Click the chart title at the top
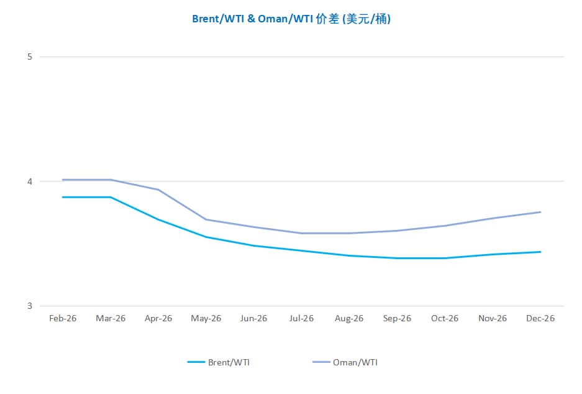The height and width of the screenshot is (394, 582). (x=291, y=19)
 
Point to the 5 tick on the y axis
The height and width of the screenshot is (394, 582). (x=29, y=57)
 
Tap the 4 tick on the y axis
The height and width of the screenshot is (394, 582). (x=29, y=181)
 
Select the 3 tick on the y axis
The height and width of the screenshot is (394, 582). (x=29, y=306)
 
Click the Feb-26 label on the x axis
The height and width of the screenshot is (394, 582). (x=63, y=318)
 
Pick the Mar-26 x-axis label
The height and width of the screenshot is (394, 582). (x=111, y=318)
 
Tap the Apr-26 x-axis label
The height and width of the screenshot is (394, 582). (x=158, y=318)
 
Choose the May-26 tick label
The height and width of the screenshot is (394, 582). (x=206, y=318)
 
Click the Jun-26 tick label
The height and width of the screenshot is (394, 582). (x=253, y=318)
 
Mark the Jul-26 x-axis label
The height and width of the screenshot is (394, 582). (x=301, y=318)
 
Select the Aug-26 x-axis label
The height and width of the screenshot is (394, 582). (x=349, y=318)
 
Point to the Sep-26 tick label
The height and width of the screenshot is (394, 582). (x=397, y=318)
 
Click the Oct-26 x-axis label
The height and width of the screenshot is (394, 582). (x=445, y=318)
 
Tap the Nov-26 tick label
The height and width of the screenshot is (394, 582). (x=493, y=318)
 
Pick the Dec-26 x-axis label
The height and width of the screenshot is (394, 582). (x=540, y=318)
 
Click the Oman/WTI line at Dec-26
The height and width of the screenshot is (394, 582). (x=540, y=212)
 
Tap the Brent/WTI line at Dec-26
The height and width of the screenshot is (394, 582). (x=540, y=252)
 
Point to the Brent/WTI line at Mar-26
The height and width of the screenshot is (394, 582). (x=111, y=197)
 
